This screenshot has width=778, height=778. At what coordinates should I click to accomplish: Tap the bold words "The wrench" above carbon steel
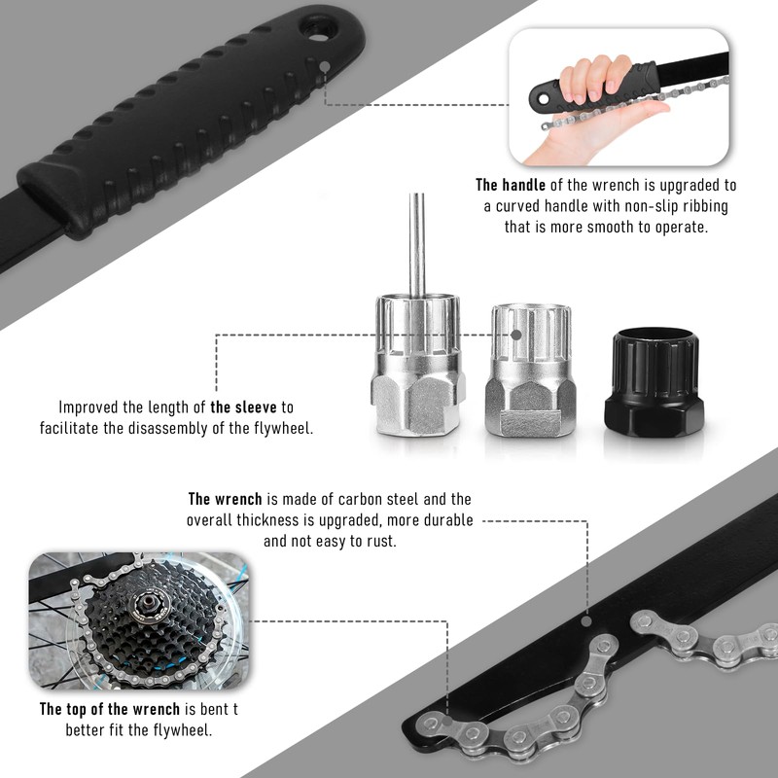click(x=225, y=499)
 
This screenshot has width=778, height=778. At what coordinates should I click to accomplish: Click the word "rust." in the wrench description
click(x=379, y=541)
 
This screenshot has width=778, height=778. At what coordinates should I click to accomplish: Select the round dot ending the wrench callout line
click(x=586, y=618)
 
